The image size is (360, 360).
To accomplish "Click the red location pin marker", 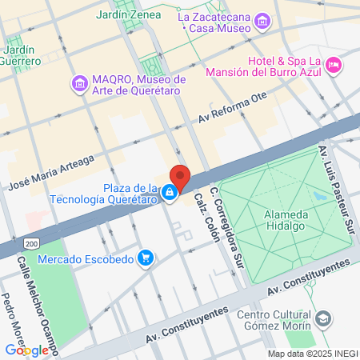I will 180,178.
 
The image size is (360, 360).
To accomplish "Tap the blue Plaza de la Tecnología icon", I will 170,193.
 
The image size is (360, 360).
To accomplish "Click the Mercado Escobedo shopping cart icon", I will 145,258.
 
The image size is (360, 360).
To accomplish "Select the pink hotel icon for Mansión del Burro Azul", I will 334,63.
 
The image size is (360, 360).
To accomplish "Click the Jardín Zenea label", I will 127,14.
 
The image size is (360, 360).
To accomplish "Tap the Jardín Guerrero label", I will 21,54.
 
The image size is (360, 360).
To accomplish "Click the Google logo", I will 26,350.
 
